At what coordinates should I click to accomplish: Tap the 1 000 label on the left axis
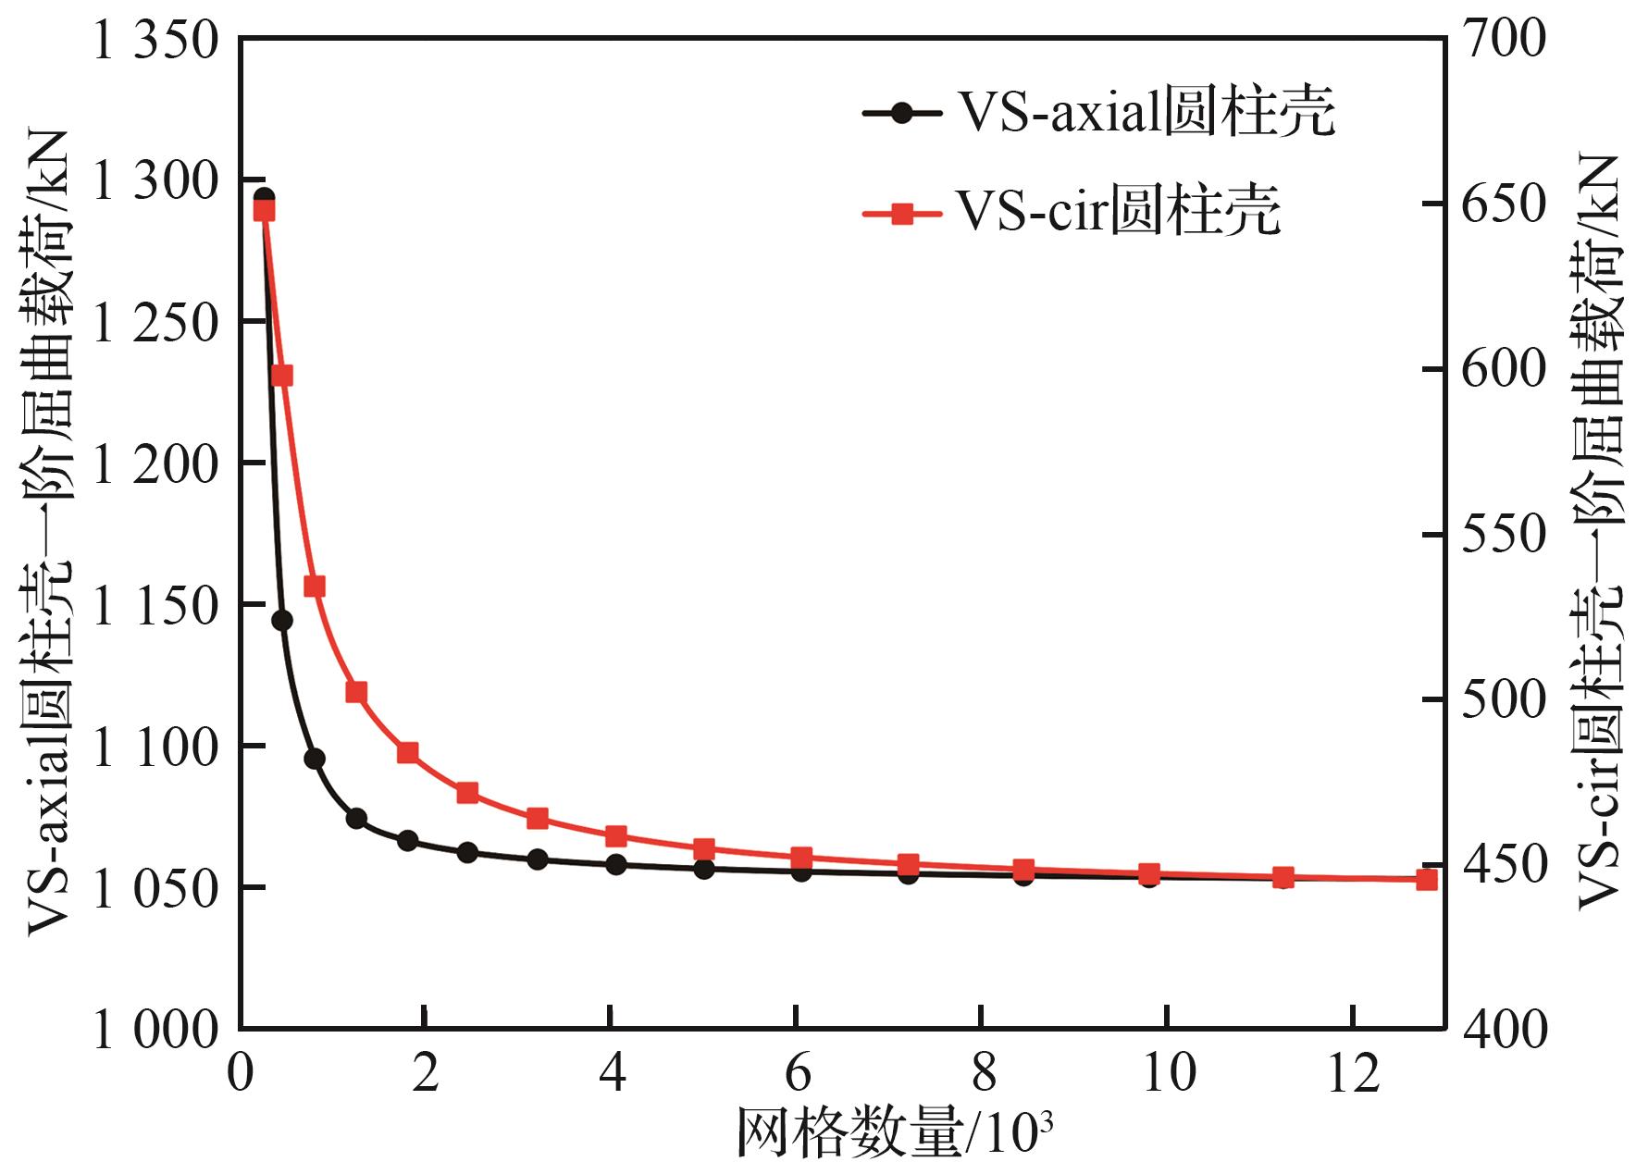tap(155, 1030)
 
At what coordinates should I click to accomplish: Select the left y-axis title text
tap(48, 532)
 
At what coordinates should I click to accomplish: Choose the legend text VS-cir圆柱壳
tap(1118, 213)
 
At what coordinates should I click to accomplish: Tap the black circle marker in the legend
tap(903, 113)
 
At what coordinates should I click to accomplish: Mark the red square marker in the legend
tap(903, 214)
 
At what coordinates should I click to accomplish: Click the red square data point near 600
tap(282, 375)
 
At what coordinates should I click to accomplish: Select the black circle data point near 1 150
tap(282, 620)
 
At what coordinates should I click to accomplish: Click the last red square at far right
tap(1427, 879)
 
